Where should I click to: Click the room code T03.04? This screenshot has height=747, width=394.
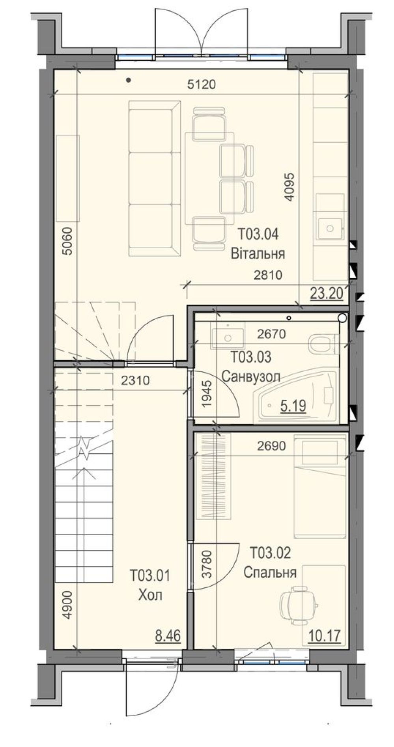click(x=258, y=234)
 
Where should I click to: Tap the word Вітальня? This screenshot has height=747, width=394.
click(x=258, y=253)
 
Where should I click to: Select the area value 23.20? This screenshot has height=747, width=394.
click(x=326, y=293)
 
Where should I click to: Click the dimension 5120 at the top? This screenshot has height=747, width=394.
click(x=202, y=84)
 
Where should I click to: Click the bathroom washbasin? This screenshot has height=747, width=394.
click(x=228, y=336)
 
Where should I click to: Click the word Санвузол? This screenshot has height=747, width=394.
click(x=251, y=376)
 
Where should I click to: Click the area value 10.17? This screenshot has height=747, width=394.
click(x=325, y=636)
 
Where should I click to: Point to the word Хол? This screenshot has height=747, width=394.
click(x=150, y=595)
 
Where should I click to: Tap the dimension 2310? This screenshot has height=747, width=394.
click(x=135, y=380)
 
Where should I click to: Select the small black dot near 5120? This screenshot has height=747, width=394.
click(x=128, y=80)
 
